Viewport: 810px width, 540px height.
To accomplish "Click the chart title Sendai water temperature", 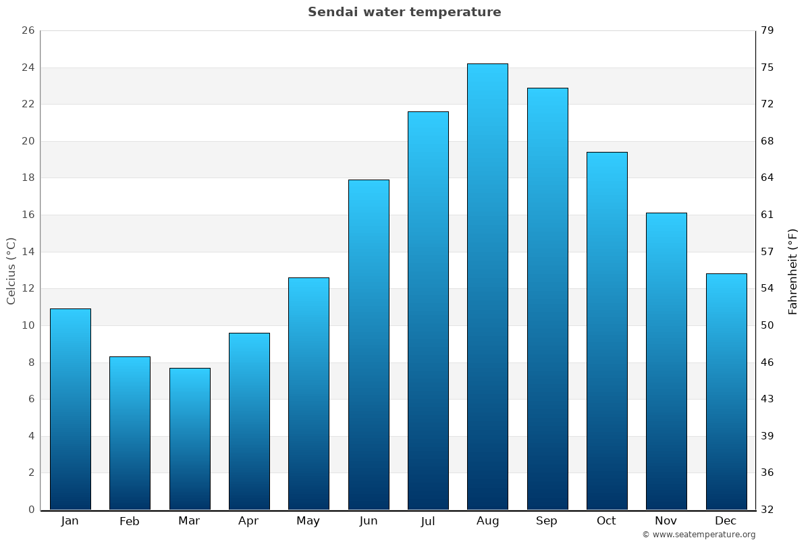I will [404, 12].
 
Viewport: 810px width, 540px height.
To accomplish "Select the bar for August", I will [487, 287].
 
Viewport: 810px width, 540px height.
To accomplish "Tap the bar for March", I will [190, 439].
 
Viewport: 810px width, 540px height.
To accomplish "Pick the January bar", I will [70, 409].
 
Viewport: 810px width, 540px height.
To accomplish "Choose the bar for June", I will [369, 344].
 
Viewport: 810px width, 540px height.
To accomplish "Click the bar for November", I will [666, 361].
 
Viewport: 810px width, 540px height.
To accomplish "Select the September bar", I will [547, 298].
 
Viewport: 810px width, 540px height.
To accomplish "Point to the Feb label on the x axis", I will [130, 521].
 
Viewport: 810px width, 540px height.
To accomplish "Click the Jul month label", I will [428, 521].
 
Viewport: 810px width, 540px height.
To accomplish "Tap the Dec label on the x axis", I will [726, 521].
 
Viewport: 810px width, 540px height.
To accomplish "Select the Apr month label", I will [248, 521].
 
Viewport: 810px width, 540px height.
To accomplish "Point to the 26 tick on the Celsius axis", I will [28, 31].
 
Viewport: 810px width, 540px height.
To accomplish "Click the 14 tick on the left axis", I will [28, 252].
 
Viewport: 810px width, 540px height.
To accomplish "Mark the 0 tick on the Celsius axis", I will [31, 510].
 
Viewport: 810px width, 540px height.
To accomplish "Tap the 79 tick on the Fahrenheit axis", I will [767, 31].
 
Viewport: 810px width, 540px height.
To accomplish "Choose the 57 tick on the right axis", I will [767, 252].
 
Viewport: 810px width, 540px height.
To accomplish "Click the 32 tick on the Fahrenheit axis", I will [767, 510].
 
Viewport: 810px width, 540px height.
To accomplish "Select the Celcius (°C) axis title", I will [11, 271].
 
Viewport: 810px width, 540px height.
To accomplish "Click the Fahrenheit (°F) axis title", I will [793, 271].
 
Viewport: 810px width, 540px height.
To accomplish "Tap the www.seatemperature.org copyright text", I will [699, 535].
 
